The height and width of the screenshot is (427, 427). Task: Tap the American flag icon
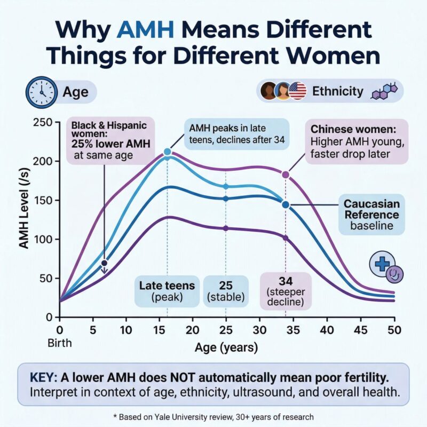click(x=297, y=91)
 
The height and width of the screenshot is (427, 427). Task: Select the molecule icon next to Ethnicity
click(x=385, y=91)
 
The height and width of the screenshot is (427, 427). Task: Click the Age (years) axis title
click(x=226, y=348)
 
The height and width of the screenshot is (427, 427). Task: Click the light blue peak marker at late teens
click(x=167, y=152)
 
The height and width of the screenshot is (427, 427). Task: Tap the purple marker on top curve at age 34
click(x=286, y=175)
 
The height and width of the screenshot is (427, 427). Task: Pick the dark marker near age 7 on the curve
click(x=105, y=263)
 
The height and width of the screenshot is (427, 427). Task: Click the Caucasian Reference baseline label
click(x=371, y=215)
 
